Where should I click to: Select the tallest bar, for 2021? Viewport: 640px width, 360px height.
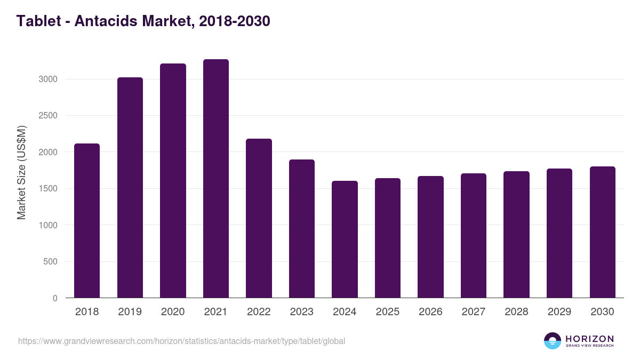tap(216, 178)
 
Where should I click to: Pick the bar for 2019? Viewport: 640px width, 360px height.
tap(130, 187)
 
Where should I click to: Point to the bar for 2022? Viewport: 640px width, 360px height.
tap(259, 218)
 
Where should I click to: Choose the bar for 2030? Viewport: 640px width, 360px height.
tap(603, 232)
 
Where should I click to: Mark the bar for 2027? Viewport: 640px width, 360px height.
tap(474, 235)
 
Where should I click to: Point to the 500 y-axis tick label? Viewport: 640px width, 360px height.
tap(50, 261)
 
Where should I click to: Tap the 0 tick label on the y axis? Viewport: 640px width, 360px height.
tap(54, 298)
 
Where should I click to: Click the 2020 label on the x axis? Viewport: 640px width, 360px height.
tap(173, 312)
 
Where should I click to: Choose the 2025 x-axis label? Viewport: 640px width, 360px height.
tap(388, 312)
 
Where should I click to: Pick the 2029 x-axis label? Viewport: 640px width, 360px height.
tap(559, 312)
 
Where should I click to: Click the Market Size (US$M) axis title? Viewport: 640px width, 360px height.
tap(21, 172)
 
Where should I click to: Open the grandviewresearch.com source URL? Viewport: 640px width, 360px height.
tap(181, 341)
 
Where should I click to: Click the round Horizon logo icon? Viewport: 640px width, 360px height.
tap(553, 341)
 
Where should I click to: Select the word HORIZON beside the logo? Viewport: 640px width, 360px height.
tap(589, 338)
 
